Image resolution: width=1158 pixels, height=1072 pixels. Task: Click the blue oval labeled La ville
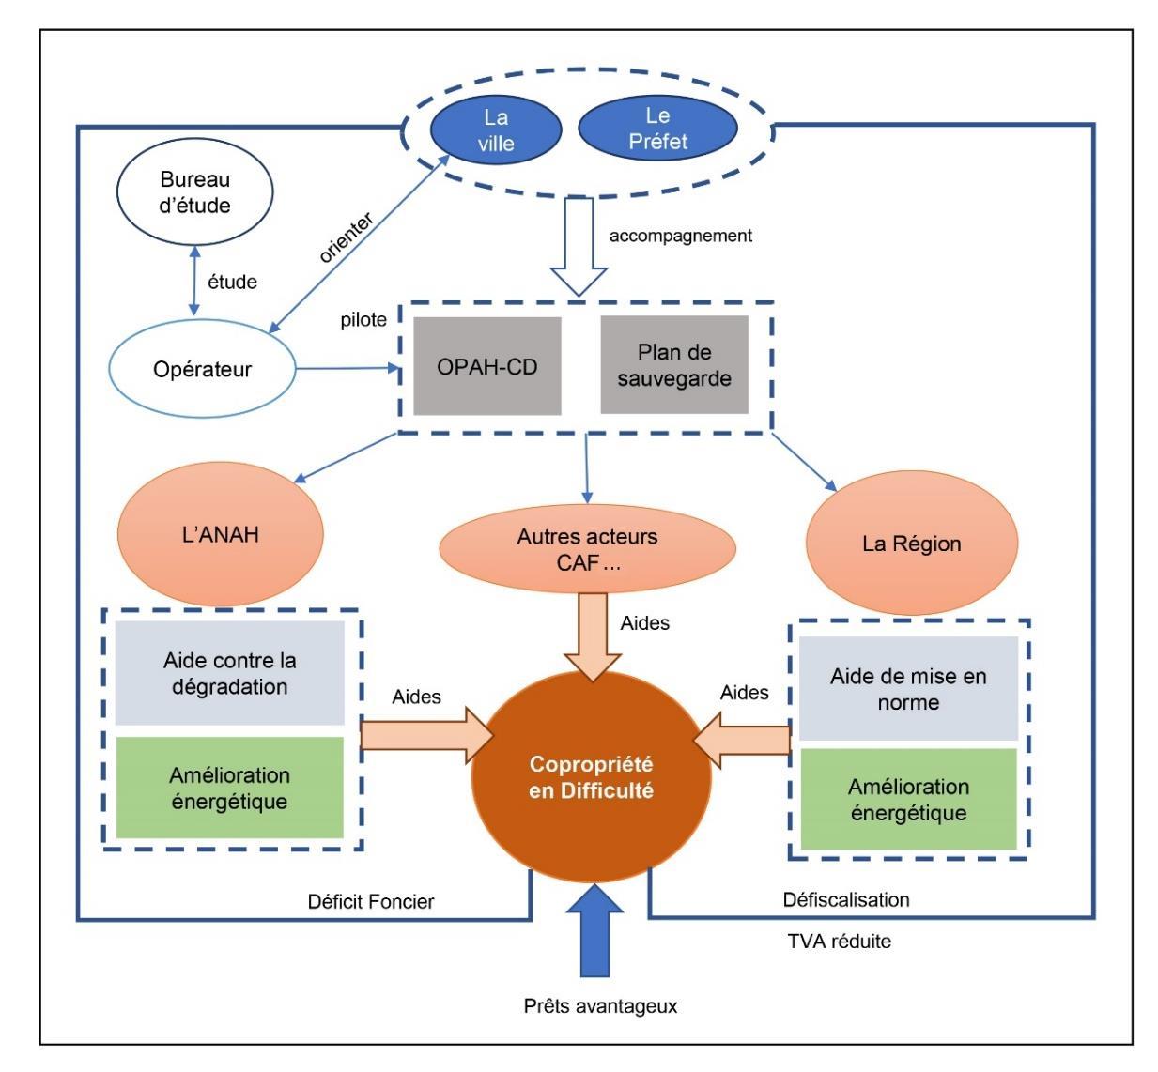pos(496,130)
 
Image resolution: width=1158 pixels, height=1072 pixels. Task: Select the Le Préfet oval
pos(657,130)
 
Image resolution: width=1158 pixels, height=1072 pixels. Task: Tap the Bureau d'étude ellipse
pos(195,192)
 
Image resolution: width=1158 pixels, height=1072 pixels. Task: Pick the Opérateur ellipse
pos(202,369)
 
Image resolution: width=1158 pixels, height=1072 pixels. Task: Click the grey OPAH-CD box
pos(486,366)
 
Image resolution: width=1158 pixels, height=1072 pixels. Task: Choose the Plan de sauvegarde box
pos(674,365)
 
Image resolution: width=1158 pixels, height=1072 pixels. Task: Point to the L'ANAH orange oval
pos(221,535)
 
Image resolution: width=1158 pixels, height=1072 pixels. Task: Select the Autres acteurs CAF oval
pos(588,549)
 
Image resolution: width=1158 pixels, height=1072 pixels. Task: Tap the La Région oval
pos(912,544)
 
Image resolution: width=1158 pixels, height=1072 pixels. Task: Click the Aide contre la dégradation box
pos(230,673)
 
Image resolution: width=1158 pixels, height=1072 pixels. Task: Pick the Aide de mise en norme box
pos(908,689)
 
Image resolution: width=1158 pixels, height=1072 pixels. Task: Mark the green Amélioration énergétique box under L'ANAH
pos(230,788)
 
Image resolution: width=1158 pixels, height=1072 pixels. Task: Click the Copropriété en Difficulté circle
pos(591,777)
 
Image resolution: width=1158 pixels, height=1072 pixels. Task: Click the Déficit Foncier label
pos(371,902)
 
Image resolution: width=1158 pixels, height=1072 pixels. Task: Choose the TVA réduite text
pos(839,941)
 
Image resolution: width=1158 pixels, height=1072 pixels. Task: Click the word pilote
pos(363,320)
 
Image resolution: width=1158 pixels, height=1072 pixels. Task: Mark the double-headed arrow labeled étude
pos(194,281)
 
